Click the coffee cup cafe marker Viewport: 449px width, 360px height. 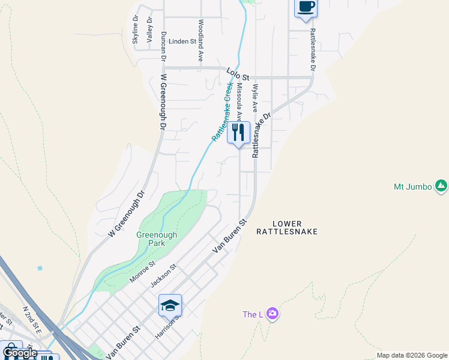306,7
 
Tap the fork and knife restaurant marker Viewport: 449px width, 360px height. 238,132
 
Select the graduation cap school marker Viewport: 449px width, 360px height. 170,305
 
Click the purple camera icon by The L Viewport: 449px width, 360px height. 273,313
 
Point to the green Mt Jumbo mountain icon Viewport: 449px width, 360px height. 441,186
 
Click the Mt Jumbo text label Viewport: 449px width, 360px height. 413,187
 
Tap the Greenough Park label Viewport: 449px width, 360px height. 157,239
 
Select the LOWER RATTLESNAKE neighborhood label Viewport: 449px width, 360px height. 286,226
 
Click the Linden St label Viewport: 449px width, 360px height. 182,41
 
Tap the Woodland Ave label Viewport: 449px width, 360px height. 200,40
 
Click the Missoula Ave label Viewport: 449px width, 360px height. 240,101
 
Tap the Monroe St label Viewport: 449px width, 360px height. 142,272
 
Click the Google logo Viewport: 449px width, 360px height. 20,353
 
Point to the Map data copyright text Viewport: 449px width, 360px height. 411,355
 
